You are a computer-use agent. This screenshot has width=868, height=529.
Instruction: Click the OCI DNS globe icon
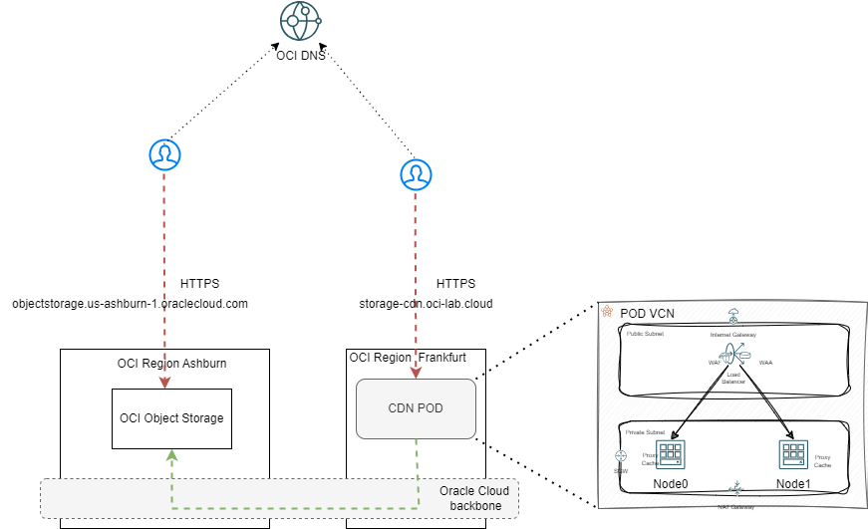(302, 21)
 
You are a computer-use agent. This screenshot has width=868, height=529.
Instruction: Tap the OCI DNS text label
(302, 57)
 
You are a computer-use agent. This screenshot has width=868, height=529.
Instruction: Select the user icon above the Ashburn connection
(164, 154)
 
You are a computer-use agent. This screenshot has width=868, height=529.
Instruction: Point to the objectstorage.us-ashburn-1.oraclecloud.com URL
(130, 303)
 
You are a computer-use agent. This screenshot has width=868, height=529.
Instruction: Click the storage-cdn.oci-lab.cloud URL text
(427, 303)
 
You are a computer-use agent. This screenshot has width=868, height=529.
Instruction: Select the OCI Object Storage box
(172, 417)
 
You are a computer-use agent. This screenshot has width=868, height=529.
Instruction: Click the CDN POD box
(416, 408)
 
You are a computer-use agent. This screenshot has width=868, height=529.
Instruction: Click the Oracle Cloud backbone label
(474, 499)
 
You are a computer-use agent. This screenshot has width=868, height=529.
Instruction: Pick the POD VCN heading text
(647, 313)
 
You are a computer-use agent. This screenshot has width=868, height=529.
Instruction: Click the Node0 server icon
(669, 454)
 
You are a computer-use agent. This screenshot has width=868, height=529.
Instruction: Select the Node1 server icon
(792, 454)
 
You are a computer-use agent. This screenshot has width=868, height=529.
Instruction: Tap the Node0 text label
(672, 484)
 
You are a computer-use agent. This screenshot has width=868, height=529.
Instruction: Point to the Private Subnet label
(646, 433)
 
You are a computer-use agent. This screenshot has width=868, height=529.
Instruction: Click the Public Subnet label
(645, 335)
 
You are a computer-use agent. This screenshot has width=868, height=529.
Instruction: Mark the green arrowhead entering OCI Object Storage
(172, 454)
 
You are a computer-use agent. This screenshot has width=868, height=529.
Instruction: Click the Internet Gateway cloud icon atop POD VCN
(732, 317)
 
